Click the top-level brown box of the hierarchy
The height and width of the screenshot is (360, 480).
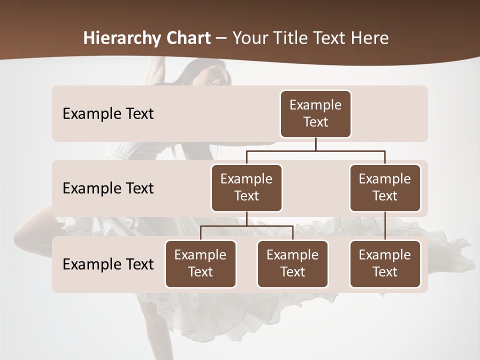click(315, 114)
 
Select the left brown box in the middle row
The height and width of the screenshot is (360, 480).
click(246, 188)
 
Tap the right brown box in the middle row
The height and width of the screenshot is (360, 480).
click(385, 188)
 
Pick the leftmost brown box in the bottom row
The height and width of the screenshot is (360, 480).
click(200, 264)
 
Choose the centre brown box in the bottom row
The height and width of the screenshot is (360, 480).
click(292, 264)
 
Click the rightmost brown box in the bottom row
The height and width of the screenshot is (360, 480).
click(385, 264)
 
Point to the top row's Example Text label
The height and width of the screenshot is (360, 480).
click(108, 114)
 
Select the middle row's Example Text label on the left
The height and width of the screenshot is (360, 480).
click(108, 188)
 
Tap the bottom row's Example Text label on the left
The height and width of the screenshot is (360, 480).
click(108, 264)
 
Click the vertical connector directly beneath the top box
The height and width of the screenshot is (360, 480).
click(315, 144)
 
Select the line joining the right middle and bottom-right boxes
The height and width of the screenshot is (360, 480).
click(385, 226)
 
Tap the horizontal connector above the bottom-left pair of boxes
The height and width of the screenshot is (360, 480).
click(246, 226)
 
